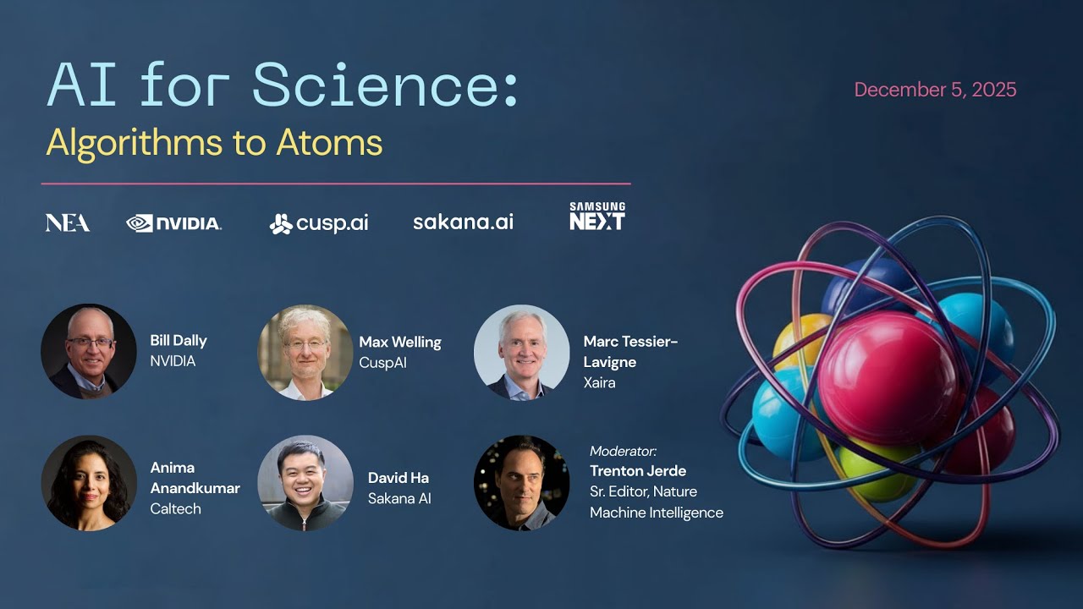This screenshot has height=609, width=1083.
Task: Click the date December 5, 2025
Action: pyautogui.click(x=935, y=90)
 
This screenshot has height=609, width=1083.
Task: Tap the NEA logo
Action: pyautogui.click(x=68, y=222)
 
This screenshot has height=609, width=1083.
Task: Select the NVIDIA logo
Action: pyautogui.click(x=173, y=223)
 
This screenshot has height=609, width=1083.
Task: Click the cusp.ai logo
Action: pyautogui.click(x=319, y=223)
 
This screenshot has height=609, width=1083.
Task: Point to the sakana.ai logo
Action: pyautogui.click(x=463, y=222)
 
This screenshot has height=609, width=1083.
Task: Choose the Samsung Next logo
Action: pyautogui.click(x=597, y=216)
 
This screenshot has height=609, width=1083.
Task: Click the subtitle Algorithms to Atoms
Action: pyautogui.click(x=214, y=144)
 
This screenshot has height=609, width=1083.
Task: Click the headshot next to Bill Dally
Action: pyautogui.click(x=89, y=351)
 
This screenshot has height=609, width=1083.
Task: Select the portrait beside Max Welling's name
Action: pyautogui.click(x=305, y=353)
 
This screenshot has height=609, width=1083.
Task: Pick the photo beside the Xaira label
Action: pyautogui.click(x=522, y=353)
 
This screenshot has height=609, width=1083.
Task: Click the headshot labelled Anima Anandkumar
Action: pyautogui.click(x=89, y=483)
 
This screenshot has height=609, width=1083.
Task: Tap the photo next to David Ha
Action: pyautogui.click(x=305, y=483)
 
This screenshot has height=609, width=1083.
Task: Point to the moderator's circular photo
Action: pyautogui.click(x=522, y=483)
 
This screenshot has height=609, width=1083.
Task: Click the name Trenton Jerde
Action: pyautogui.click(x=638, y=471)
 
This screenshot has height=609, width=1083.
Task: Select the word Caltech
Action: pyautogui.click(x=175, y=509)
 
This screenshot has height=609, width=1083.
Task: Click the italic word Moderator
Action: pyautogui.click(x=622, y=451)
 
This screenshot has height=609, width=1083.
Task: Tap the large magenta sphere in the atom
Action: pyautogui.click(x=888, y=378)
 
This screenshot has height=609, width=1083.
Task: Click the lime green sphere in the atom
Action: pyautogui.click(x=877, y=471)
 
